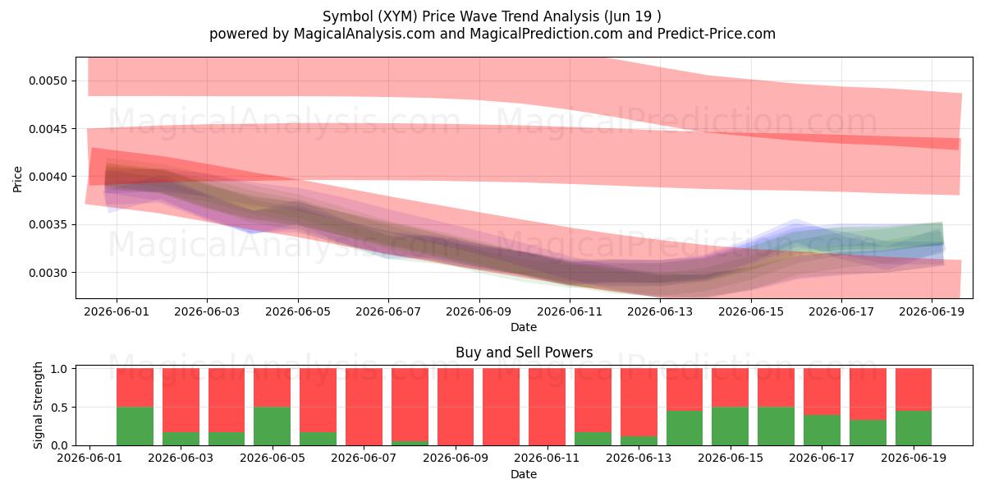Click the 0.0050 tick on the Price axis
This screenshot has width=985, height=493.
pyautogui.click(x=48, y=81)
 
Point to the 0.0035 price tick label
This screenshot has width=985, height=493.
pyautogui.click(x=48, y=225)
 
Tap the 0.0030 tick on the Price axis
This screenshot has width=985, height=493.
pyautogui.click(x=48, y=273)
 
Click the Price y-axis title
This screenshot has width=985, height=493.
pyautogui.click(x=17, y=179)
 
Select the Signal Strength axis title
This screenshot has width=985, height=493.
pyautogui.click(x=38, y=405)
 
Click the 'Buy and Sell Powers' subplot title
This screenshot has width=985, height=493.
pyautogui.click(x=524, y=352)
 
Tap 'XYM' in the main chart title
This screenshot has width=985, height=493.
pyautogui.click(x=396, y=16)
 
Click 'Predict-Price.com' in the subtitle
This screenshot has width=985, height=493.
pyautogui.click(x=717, y=34)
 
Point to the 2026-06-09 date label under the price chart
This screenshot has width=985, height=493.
pyautogui.click(x=479, y=311)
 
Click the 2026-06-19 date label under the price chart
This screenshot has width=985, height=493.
pyautogui.click(x=932, y=311)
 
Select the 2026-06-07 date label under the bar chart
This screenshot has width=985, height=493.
pyautogui.click(x=364, y=458)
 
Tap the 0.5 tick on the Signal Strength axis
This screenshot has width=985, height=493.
pyautogui.click(x=59, y=408)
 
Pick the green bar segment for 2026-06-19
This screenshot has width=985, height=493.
pyautogui.click(x=914, y=428)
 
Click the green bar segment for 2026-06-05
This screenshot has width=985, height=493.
pyautogui.click(x=273, y=426)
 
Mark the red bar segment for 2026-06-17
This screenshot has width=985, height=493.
pyautogui.click(x=822, y=392)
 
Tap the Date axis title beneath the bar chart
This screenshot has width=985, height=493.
pyautogui.click(x=524, y=475)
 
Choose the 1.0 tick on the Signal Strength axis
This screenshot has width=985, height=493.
pyautogui.click(x=59, y=369)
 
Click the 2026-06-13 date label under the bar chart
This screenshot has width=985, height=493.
pyautogui.click(x=639, y=458)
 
